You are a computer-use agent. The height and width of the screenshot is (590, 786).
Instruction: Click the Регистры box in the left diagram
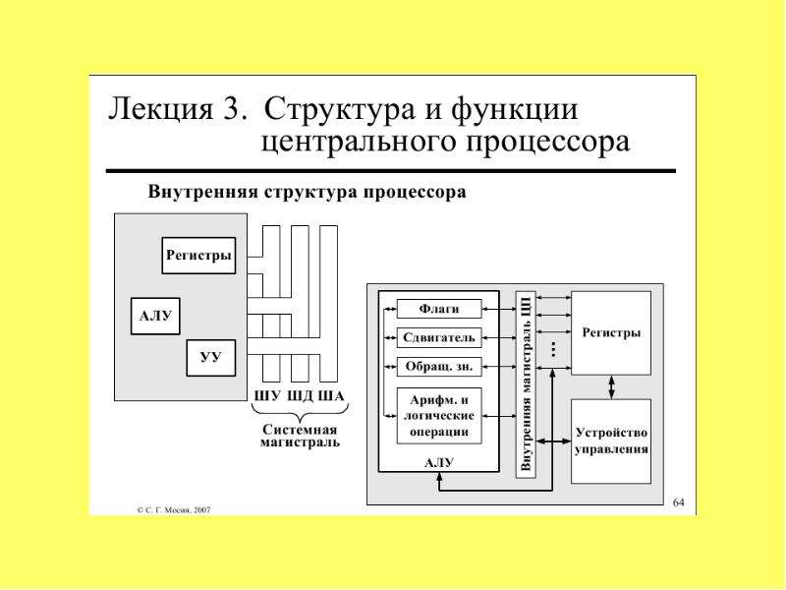click(x=198, y=256)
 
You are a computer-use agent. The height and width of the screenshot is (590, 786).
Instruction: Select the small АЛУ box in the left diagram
click(x=155, y=316)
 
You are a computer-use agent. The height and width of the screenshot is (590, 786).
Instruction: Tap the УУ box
click(x=210, y=358)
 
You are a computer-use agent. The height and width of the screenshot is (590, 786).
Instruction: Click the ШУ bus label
click(x=267, y=396)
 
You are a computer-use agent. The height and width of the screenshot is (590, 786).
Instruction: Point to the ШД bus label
click(x=301, y=396)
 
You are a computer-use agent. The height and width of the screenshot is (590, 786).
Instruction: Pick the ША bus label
click(x=331, y=396)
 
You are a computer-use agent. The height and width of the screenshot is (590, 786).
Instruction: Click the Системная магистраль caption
click(x=300, y=436)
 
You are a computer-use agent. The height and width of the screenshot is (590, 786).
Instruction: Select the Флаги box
click(x=439, y=309)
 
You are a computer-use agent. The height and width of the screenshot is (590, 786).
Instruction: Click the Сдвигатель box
click(x=439, y=337)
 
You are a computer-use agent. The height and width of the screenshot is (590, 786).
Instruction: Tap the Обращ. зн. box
click(x=439, y=366)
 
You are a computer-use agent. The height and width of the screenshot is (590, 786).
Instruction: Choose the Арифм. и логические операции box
click(x=439, y=415)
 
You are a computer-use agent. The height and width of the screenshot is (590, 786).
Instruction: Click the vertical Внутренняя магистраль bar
click(x=526, y=384)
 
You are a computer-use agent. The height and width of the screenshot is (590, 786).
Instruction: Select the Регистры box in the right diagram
click(x=611, y=333)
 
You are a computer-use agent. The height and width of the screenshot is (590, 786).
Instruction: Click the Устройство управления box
click(x=611, y=441)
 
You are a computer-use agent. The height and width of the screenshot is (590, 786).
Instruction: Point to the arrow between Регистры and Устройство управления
click(x=611, y=387)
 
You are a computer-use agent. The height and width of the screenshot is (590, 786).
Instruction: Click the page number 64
click(x=678, y=502)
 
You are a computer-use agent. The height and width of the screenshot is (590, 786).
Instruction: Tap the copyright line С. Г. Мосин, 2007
click(x=174, y=509)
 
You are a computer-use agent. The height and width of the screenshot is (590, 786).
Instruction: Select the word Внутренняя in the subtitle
click(x=202, y=192)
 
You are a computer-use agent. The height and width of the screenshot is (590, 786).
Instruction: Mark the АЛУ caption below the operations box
click(x=439, y=462)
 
